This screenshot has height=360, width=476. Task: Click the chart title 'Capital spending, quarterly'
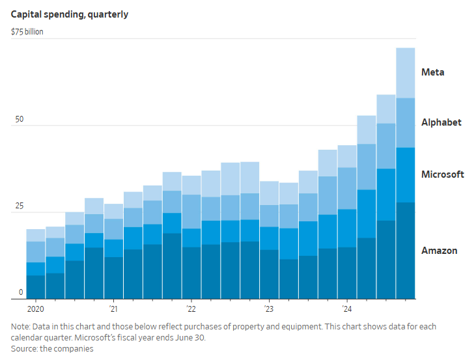click(69, 14)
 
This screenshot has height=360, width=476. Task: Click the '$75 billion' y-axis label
click(27, 31)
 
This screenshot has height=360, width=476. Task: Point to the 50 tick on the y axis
click(20, 120)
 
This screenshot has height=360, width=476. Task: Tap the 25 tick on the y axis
click(20, 206)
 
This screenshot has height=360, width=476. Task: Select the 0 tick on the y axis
click(21, 293)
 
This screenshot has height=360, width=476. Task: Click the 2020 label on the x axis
click(36, 309)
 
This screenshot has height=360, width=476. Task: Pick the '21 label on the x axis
click(113, 309)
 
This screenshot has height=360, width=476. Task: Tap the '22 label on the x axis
click(191, 309)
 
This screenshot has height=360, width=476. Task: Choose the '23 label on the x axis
click(269, 309)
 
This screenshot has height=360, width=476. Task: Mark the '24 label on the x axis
click(347, 309)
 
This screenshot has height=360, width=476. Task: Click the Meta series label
click(432, 72)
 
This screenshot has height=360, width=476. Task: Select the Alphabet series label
click(441, 122)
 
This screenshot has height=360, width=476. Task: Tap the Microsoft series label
click(442, 174)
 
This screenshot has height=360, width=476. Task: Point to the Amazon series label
click(439, 251)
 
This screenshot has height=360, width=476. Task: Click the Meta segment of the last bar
click(406, 72)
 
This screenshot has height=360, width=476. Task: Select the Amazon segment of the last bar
click(406, 251)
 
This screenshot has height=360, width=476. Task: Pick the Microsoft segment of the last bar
click(406, 174)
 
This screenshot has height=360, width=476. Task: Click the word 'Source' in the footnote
click(24, 349)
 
